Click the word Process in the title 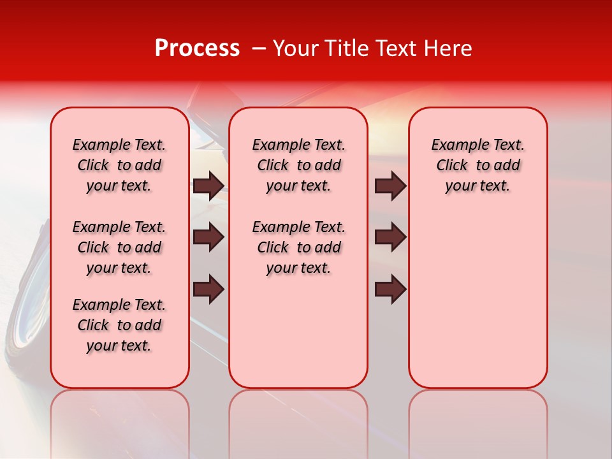pyautogui.click(x=197, y=48)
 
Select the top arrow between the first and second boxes pyautogui.click(x=208, y=186)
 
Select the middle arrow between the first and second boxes pyautogui.click(x=208, y=238)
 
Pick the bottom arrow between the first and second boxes pyautogui.click(x=208, y=289)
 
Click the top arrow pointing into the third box pyautogui.click(x=391, y=186)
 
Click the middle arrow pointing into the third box pyautogui.click(x=391, y=238)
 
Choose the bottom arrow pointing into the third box pyautogui.click(x=391, y=289)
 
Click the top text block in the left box pyautogui.click(x=119, y=165)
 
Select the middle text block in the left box pyautogui.click(x=119, y=247)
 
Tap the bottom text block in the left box pyautogui.click(x=119, y=325)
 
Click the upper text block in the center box pyautogui.click(x=298, y=165)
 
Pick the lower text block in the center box pyautogui.click(x=298, y=247)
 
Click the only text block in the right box pyautogui.click(x=477, y=165)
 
